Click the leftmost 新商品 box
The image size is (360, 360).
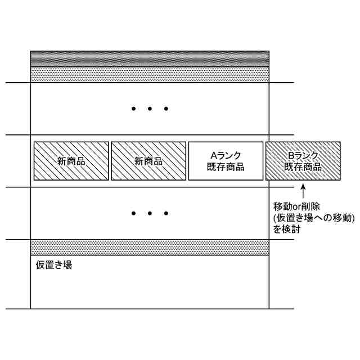pyautogui.click(x=71, y=161)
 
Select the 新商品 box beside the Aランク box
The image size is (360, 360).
pyautogui.click(x=148, y=161)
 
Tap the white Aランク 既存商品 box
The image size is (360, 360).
pyautogui.click(x=226, y=161)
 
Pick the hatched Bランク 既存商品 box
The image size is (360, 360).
pyautogui.click(x=303, y=161)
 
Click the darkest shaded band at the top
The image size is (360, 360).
pyautogui.click(x=150, y=59)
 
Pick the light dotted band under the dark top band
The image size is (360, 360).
pyautogui.click(x=150, y=75)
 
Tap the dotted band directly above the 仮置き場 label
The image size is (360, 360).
pyautogui.click(x=150, y=247)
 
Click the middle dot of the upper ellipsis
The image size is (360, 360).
pyautogui.click(x=150, y=109)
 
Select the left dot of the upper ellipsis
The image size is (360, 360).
pyautogui.click(x=133, y=109)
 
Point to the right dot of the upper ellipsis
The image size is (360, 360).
pyautogui.click(x=166, y=109)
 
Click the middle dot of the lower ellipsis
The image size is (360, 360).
pyautogui.click(x=150, y=213)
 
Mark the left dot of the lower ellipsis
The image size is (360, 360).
pyautogui.click(x=133, y=213)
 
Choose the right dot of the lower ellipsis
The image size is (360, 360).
pyautogui.click(x=166, y=213)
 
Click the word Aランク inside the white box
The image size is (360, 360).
pyautogui.click(x=226, y=156)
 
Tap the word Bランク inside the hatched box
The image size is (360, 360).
pyautogui.click(x=303, y=156)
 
